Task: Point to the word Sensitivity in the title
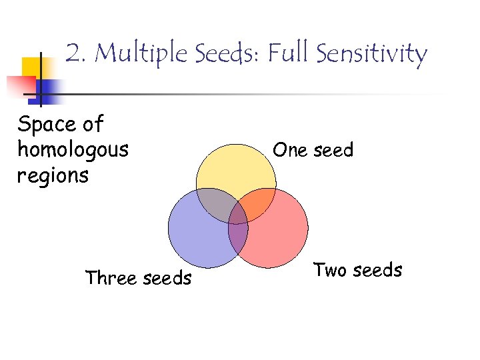[x=371, y=53]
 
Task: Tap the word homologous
[x=73, y=150]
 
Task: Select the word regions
[x=53, y=176]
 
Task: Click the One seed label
[x=313, y=150]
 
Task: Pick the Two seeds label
[x=358, y=270]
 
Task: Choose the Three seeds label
[x=138, y=277]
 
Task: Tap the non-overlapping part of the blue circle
[x=197, y=237]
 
